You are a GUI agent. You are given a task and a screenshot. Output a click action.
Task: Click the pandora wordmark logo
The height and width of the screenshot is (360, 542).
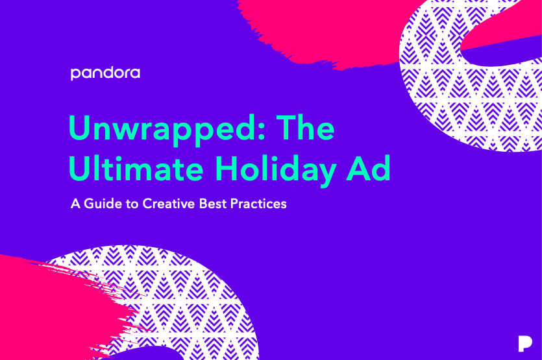coord(105,73)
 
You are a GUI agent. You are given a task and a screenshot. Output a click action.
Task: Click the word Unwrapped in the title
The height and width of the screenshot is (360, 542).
coord(155,128)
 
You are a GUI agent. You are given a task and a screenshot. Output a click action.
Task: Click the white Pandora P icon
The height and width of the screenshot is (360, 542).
coord(525,344)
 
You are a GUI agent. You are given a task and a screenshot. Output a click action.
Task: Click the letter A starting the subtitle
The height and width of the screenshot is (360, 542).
coord(75,204)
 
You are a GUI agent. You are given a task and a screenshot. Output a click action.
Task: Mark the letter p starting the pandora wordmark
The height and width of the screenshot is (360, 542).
coord(75,74)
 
